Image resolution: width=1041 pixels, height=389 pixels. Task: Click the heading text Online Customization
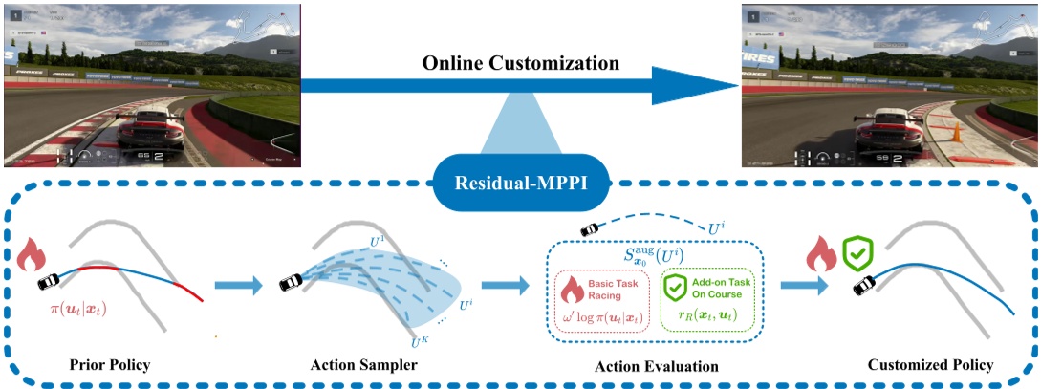pos(520,64)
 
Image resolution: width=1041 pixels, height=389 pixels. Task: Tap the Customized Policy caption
pos(923,366)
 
